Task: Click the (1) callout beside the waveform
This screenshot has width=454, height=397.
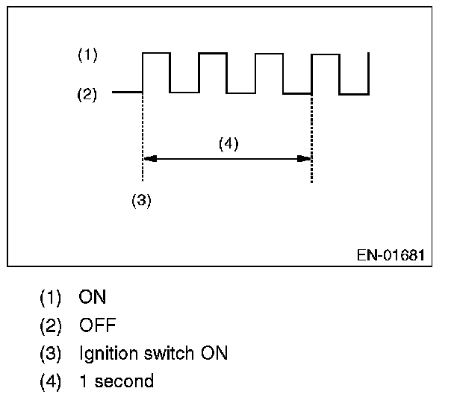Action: point(88,55)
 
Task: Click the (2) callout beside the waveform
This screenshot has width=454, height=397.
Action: point(88,95)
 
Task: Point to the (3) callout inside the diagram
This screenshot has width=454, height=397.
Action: point(141,201)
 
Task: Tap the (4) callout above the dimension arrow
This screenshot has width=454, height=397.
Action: point(228,144)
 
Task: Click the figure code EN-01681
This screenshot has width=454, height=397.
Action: point(391,255)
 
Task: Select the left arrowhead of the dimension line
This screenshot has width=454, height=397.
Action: point(148,158)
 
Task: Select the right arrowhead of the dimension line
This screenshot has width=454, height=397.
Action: point(305,158)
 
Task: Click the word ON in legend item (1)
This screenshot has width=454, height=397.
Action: point(93,297)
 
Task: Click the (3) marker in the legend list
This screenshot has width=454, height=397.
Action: point(52,353)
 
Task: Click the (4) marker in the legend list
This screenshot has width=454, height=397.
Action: point(52,381)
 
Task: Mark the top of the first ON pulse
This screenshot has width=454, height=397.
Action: point(156,53)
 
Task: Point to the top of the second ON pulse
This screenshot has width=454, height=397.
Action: point(213,53)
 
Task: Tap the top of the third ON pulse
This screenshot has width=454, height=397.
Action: point(269,53)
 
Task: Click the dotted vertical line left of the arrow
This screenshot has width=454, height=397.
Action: point(142,134)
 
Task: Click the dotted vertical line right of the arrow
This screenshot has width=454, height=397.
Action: point(311,134)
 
